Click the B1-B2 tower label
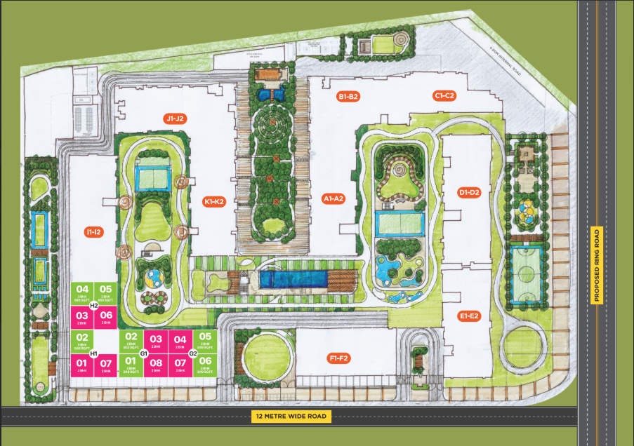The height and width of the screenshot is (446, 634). (x=348, y=96)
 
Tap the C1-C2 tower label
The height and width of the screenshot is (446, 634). (x=445, y=95)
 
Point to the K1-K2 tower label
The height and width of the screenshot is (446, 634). (x=213, y=201)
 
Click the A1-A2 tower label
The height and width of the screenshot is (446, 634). (x=332, y=198)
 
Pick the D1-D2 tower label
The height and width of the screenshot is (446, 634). (x=468, y=192)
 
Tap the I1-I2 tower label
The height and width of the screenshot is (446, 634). (x=93, y=231)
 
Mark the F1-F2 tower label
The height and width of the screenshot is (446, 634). (x=339, y=358)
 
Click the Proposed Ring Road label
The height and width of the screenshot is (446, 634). (x=597, y=265)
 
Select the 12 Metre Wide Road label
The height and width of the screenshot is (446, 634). (x=291, y=417)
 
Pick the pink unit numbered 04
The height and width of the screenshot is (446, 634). (x=180, y=342)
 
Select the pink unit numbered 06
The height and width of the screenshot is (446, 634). (x=107, y=318)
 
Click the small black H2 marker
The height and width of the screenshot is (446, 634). (x=93, y=305)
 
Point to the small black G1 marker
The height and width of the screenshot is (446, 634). (x=143, y=352)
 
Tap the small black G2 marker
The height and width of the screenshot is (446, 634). (x=192, y=352)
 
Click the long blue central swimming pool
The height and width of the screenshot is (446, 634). (x=293, y=278)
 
